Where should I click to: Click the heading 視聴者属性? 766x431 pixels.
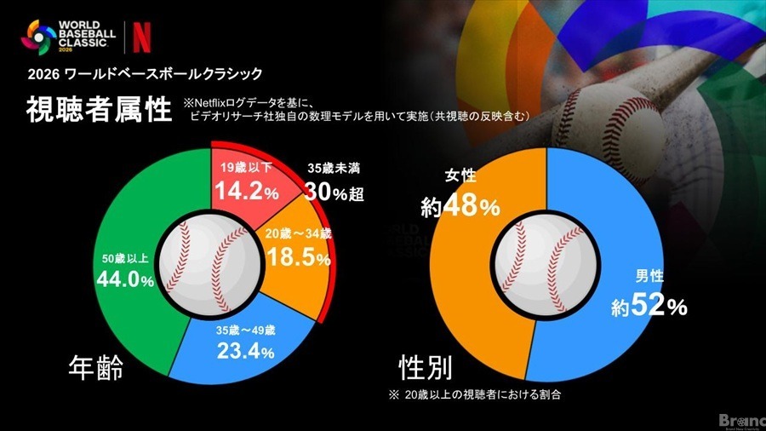pyautogui.click(x=98, y=111)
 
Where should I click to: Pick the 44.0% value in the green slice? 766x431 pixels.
pyautogui.click(x=123, y=279)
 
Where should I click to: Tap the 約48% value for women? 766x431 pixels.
pyautogui.click(x=460, y=207)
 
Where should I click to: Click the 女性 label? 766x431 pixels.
pyautogui.click(x=460, y=178)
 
